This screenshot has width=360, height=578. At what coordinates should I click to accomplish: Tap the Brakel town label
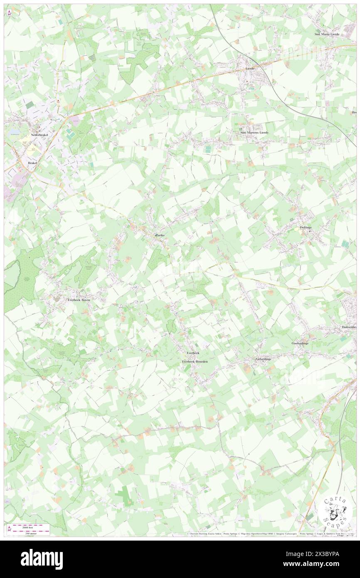coord(32,163)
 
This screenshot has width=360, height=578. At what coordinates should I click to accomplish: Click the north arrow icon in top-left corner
coord(9,13)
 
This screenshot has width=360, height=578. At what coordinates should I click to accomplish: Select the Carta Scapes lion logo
coord(335,511)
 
